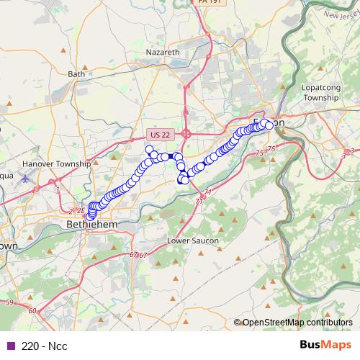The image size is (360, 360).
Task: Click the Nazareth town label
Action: [163, 53]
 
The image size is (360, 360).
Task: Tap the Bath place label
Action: [76, 73]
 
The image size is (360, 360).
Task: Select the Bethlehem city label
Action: [91, 225]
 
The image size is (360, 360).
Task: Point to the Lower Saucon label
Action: [187, 240]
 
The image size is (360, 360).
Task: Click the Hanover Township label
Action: [57, 163]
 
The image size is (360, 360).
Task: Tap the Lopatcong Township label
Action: [320, 91]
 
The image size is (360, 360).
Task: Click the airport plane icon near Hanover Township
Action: [27, 178]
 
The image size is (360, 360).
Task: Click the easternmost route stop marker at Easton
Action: [269, 125]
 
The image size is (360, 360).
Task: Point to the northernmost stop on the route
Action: [150, 150]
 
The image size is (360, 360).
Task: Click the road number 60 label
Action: [32, 311]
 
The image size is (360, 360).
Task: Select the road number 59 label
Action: [8, 303]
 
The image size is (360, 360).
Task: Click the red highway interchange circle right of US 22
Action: [186, 133]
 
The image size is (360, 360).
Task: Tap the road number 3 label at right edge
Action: [352, 150]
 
